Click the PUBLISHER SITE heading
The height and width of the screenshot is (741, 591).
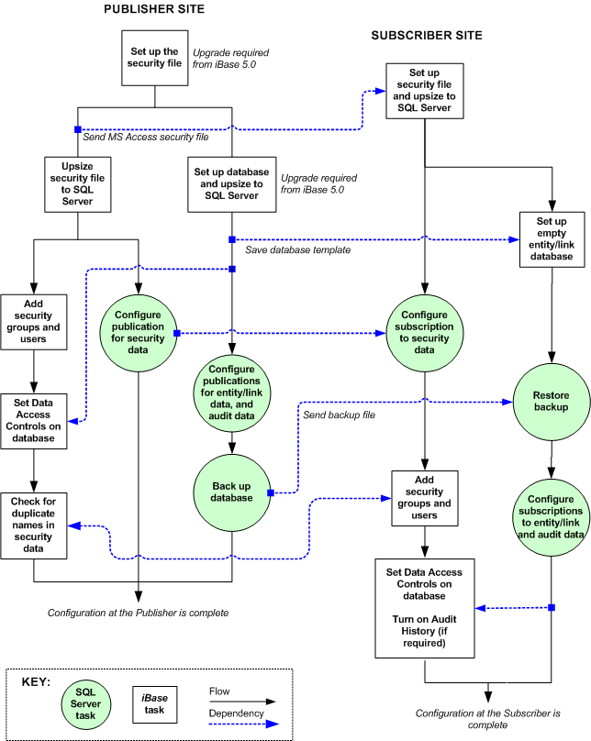pos(153,9)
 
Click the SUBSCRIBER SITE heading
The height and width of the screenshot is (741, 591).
pos(427,36)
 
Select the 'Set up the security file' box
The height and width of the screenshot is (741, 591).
pos(153,59)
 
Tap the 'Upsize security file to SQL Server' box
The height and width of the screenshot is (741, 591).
pos(77,184)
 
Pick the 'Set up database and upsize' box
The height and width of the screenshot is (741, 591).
pos(231,184)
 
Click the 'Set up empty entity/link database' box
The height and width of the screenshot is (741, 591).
pos(552,240)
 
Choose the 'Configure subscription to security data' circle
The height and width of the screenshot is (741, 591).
pos(424,327)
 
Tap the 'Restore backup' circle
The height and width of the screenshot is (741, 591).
pos(551,400)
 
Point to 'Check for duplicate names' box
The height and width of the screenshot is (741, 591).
pos(34,526)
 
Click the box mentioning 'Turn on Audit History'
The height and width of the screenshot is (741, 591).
pos(424,606)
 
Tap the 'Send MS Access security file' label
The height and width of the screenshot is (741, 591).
pos(146,138)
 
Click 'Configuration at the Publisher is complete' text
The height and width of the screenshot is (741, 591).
pos(138,613)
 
